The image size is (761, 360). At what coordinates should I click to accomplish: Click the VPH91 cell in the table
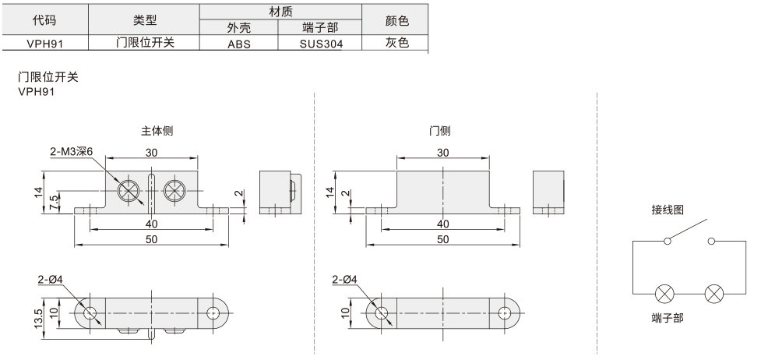[x=45, y=43]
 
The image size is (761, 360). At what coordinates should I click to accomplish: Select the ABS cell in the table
[x=239, y=44]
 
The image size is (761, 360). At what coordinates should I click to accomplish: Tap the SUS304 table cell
[x=321, y=44]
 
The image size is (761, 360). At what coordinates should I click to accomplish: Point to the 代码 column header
[x=44, y=20]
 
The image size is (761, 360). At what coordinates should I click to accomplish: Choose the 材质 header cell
[x=281, y=11]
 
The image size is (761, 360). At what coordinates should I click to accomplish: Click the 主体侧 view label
[x=157, y=131]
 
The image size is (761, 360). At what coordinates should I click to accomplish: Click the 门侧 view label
[x=440, y=131]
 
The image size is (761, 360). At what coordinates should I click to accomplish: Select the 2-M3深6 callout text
[x=71, y=152]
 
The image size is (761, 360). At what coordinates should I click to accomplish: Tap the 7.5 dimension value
[x=55, y=202]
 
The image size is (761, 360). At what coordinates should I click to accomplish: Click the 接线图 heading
[x=668, y=210]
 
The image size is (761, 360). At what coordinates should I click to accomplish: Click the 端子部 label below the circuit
[x=668, y=318]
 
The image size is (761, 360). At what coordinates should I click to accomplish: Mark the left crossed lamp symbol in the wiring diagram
[x=665, y=295]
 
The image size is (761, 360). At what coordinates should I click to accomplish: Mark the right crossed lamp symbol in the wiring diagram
[x=714, y=295]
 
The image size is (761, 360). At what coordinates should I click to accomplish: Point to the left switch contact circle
[x=668, y=241]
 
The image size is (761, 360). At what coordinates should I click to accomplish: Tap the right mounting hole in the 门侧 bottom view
[x=505, y=313]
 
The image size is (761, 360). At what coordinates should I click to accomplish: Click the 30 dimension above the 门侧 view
[x=442, y=153]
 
